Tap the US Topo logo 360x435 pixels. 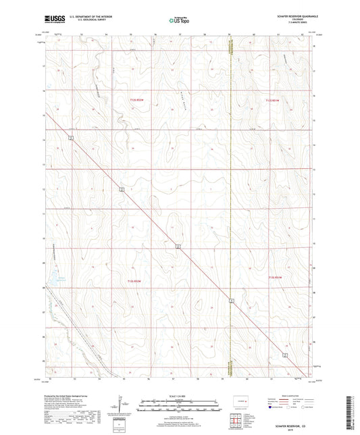(x=178, y=20)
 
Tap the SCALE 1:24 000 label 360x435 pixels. (x=178, y=396)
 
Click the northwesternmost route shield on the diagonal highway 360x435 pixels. (x=70, y=138)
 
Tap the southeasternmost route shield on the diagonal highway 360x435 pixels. (x=285, y=354)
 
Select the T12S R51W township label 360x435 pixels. (x=274, y=101)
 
